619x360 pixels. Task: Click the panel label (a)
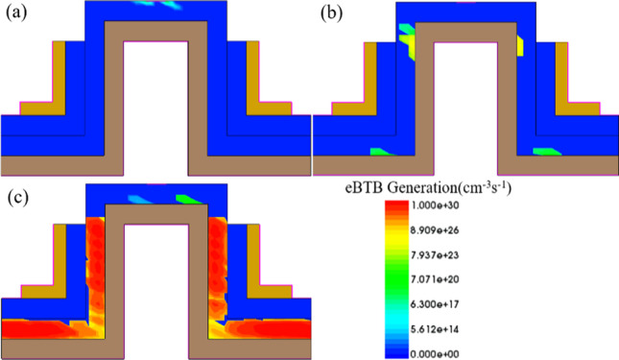16,15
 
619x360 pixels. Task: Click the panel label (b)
328,15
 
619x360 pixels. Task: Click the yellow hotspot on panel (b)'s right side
519,44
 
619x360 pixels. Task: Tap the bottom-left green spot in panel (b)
382,152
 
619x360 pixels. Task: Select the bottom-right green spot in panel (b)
546,151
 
